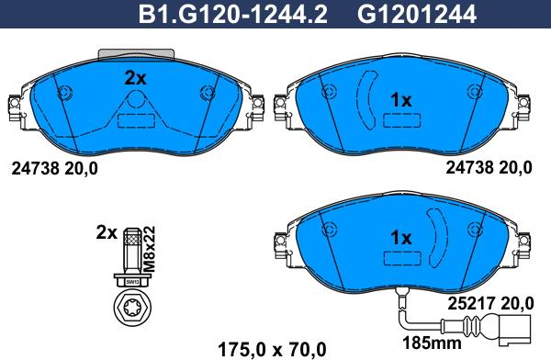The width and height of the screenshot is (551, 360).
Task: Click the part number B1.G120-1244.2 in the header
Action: [233, 14]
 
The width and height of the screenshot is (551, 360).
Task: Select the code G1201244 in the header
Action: [417, 14]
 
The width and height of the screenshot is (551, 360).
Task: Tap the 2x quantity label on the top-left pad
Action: [135, 78]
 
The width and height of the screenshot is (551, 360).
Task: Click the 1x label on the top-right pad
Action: [401, 100]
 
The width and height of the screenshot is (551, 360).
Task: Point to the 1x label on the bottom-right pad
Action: [401, 238]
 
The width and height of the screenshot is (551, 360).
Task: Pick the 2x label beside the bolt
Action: [107, 232]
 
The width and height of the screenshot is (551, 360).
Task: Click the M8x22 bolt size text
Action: [149, 249]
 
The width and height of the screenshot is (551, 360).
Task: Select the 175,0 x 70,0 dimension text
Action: [272, 350]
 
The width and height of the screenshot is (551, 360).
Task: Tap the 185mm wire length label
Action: [432, 343]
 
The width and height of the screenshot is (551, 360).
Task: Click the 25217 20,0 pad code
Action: [490, 303]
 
